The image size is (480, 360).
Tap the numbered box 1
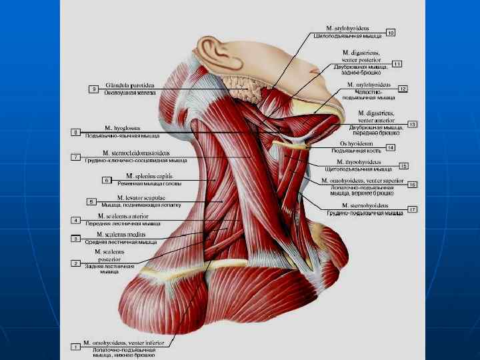pos(76,347)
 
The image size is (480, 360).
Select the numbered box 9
pos(95,89)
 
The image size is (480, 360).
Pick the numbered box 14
pos(391,147)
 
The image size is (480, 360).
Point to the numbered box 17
pos(413,209)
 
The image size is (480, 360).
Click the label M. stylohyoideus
pos(347,29)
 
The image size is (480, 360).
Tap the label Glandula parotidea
pos(130,86)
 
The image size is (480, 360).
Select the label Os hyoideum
pos(357,144)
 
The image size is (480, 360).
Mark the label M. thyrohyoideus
pos(359,162)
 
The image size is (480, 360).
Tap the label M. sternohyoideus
pos(365,205)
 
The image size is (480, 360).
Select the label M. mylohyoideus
pos(368,85)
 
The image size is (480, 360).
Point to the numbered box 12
pos(403,89)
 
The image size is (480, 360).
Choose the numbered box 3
pos(76,238)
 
